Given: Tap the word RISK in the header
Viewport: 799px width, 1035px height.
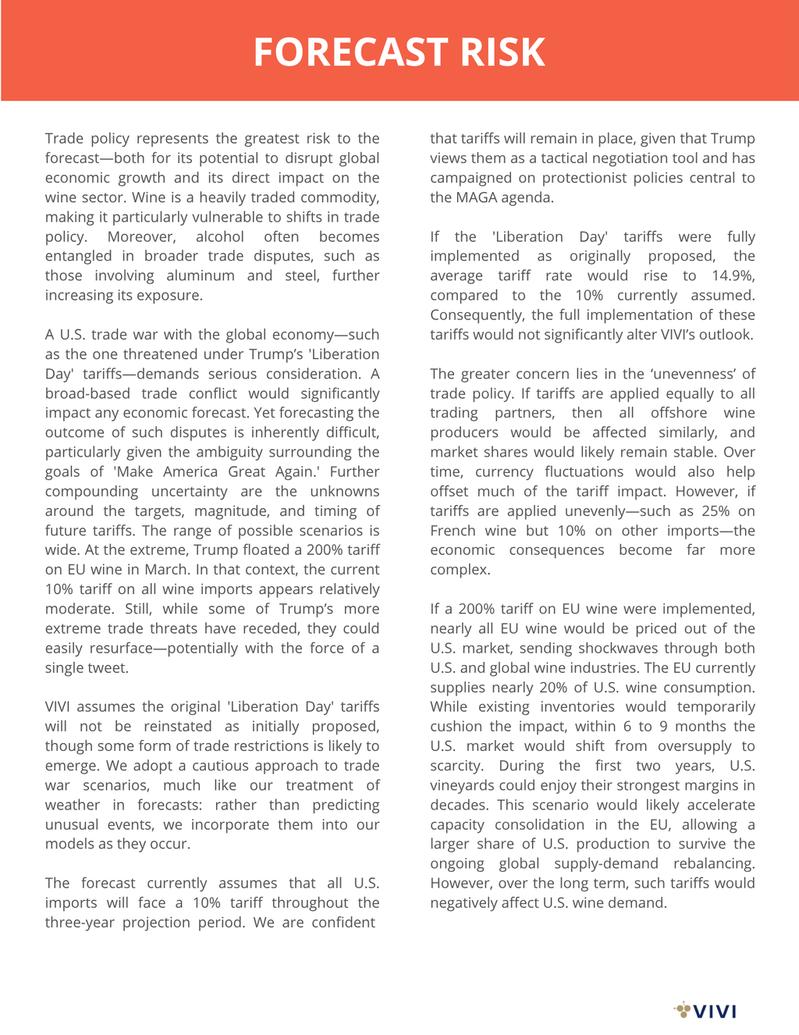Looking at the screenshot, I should point(502,52).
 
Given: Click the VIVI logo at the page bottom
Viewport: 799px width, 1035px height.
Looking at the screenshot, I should point(705,1011).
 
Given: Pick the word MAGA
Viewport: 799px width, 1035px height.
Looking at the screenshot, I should point(476,197).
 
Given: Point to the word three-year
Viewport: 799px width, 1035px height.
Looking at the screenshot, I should point(80,922).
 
